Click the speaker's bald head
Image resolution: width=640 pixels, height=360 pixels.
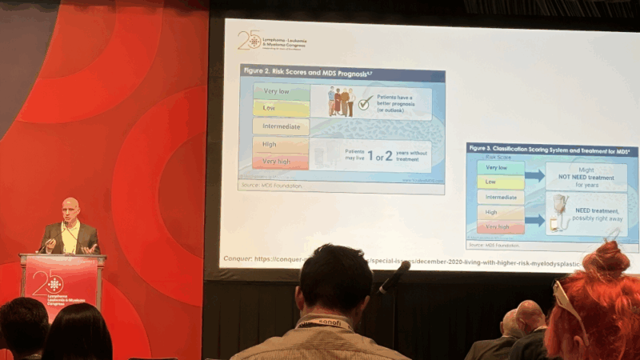[x=70, y=207]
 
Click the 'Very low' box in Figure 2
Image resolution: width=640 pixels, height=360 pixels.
[x=281, y=92]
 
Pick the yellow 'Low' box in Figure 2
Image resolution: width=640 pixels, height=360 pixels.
[x=281, y=108]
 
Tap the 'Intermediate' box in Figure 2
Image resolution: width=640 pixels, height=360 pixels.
[x=281, y=126]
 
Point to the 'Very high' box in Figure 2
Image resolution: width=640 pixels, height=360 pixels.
[x=281, y=162]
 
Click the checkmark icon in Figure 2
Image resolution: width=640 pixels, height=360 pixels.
[x=364, y=103]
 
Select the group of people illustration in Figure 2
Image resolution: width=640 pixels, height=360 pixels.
[x=340, y=102]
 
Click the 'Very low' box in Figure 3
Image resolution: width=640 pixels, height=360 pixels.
[x=500, y=168]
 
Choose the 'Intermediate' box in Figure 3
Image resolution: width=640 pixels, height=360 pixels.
[x=500, y=197]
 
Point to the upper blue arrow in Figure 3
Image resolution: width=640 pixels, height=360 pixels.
[x=535, y=175]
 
